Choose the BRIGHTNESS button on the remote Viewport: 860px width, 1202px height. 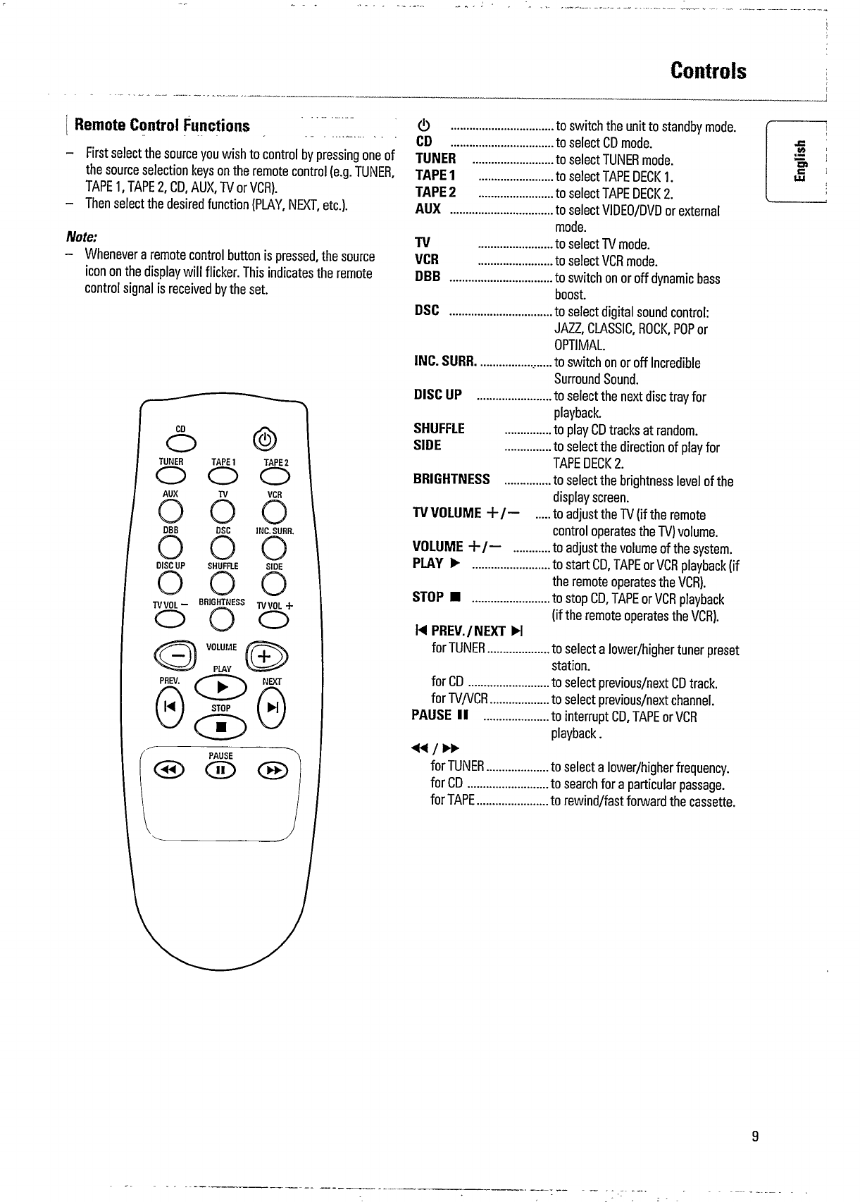[223, 619]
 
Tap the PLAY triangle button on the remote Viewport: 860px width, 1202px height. [222, 688]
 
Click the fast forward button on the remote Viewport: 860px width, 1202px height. [275, 771]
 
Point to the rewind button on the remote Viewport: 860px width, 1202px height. [169, 771]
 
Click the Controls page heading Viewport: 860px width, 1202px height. [708, 71]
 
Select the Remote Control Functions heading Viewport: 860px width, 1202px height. [162, 126]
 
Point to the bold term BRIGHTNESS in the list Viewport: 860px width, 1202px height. [451, 480]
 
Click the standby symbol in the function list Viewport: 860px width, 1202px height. [421, 128]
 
